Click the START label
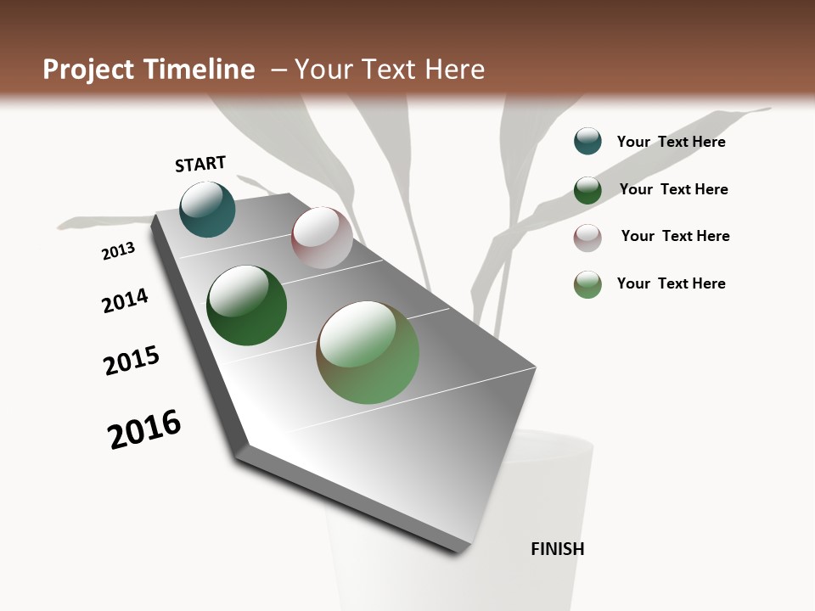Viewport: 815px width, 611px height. (x=200, y=164)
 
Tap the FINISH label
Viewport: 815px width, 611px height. (x=558, y=549)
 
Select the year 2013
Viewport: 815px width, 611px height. (x=118, y=251)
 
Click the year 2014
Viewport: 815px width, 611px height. (x=125, y=300)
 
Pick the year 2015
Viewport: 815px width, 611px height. (x=132, y=361)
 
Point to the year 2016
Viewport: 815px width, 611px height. (x=144, y=429)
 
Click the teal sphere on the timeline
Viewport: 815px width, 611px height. (x=207, y=210)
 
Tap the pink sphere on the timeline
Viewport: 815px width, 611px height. (x=322, y=238)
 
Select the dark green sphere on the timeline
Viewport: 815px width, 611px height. (x=246, y=305)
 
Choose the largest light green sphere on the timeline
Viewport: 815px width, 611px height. (x=368, y=352)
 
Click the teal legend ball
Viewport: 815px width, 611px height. (x=587, y=141)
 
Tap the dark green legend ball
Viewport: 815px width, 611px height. (x=587, y=190)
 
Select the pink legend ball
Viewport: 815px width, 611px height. (x=587, y=238)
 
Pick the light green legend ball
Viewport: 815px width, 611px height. (x=587, y=284)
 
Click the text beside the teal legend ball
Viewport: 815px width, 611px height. (x=671, y=142)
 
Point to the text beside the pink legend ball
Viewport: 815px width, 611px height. (x=675, y=236)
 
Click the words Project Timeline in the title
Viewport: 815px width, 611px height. (x=149, y=70)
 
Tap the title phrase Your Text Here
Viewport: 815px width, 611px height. (x=390, y=70)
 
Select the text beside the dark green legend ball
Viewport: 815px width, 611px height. (x=673, y=189)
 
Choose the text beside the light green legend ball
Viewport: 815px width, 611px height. (x=671, y=283)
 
